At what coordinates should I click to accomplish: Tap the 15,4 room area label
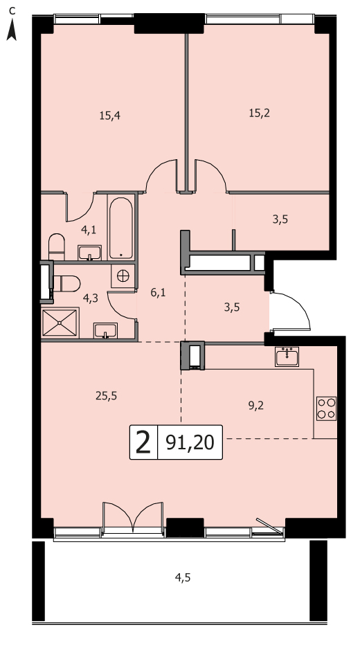coord(109,116)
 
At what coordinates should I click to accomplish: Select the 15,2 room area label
coord(259,113)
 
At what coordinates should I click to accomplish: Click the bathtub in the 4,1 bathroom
coord(121,228)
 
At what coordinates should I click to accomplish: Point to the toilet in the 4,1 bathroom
coord(57,246)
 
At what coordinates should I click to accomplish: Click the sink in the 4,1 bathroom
coord(89,253)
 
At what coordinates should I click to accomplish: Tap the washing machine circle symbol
coord(123,276)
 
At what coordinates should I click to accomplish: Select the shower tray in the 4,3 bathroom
coord(60,323)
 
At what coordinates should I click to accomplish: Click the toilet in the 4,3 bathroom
coord(67,284)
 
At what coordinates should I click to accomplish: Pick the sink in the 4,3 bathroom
coord(105,331)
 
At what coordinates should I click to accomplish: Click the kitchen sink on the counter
coord(287,357)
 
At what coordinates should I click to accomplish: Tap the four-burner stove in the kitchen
coord(326,408)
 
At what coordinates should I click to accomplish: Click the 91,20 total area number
coord(190,442)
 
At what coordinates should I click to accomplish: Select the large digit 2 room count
coord(143,442)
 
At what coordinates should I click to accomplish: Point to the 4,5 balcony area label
coord(182,577)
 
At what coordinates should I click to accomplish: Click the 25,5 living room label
coord(106,396)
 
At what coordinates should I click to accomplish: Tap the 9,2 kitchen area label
coord(256,406)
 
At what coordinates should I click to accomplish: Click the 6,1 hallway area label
coord(157,293)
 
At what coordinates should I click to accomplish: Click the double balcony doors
coord(133,516)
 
